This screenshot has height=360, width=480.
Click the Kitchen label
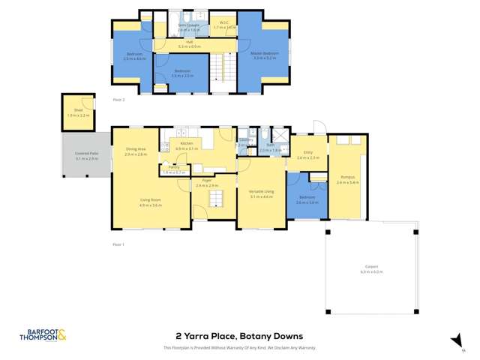point(186,143)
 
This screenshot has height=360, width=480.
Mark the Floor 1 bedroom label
point(307,199)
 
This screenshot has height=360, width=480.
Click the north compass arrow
point(454,340)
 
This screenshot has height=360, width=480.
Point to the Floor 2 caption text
point(118,99)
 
